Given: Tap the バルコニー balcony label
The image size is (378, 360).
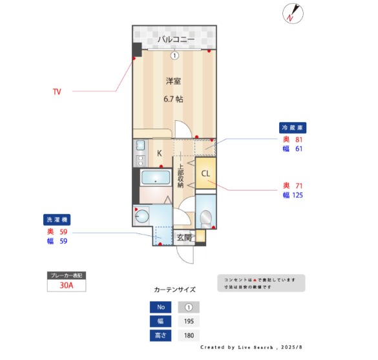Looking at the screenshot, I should pyautogui.click(x=174, y=39).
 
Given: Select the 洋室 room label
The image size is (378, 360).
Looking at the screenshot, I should pyautogui.click(x=173, y=81).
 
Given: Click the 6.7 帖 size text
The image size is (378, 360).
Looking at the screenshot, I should pyautogui.click(x=173, y=100).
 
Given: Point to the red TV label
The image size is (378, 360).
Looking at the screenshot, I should pyautogui.click(x=57, y=92).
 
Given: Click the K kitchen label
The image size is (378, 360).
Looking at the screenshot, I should pyautogui.click(x=159, y=153).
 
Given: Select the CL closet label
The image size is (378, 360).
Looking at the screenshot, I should pyautogui.click(x=205, y=174).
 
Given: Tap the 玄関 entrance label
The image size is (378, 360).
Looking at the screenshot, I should pyautogui.click(x=184, y=237).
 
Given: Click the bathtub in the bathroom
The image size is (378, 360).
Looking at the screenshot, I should pyautogui.click(x=155, y=178).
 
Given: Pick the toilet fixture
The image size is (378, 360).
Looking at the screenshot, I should pyautogui.click(x=206, y=218).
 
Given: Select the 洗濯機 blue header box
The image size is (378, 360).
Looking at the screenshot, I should pyautogui.click(x=56, y=219).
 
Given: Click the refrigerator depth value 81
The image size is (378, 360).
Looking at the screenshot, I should pyautogui.click(x=299, y=139).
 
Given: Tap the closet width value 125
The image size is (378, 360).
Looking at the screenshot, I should pyautogui.click(x=297, y=195).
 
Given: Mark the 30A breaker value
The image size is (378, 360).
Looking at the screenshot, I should pyautogui.click(x=66, y=285).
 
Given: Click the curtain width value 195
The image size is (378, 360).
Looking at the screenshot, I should pyautogui.click(x=189, y=321).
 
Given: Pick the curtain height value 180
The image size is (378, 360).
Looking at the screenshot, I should pyautogui.click(x=189, y=336).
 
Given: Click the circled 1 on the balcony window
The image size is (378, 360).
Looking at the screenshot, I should pyautogui.click(x=174, y=56).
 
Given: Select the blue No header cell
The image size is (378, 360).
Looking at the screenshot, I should pyautogui.click(x=160, y=307).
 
